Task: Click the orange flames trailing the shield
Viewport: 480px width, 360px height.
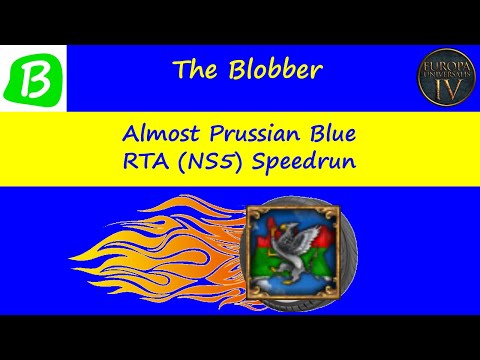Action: tap(180, 250)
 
